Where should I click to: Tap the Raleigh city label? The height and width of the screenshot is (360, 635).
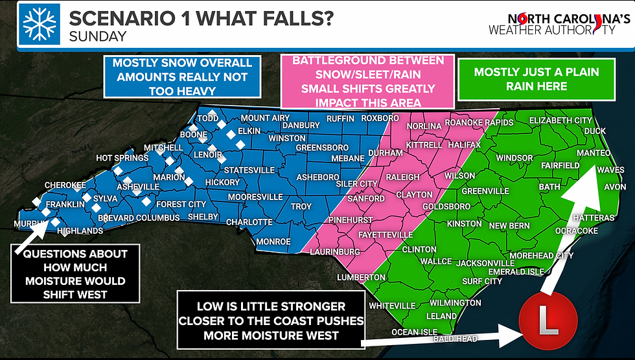click(x=404, y=176)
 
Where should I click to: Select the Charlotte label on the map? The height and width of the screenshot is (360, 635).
click(x=249, y=221)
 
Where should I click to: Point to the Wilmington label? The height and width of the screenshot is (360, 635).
click(x=455, y=302)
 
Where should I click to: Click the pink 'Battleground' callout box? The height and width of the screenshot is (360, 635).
click(x=367, y=81)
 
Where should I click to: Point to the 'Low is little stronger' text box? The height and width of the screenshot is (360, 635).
click(x=271, y=321)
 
